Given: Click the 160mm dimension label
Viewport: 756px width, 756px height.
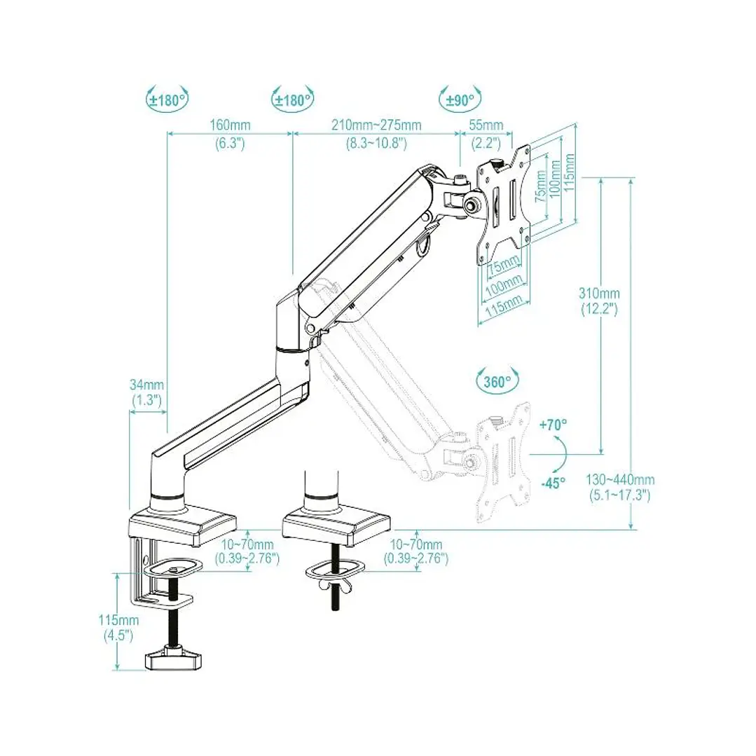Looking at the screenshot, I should (x=231, y=125).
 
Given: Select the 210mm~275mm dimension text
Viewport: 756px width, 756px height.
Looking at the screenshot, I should (x=376, y=125).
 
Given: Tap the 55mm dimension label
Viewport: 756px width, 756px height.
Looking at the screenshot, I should (x=486, y=125).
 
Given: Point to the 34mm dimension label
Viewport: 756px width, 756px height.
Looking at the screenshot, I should (x=146, y=385).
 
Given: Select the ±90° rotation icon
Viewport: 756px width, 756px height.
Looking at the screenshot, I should (x=459, y=99).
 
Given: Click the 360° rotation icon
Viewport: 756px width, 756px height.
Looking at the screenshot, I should (x=498, y=381).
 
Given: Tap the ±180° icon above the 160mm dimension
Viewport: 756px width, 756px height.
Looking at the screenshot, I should (x=167, y=99).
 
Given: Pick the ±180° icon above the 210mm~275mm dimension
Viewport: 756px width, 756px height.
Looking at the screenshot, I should (x=292, y=99).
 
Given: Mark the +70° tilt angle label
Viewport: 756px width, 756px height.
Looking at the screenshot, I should (x=554, y=424).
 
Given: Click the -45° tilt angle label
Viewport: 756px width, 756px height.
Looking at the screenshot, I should (x=553, y=483).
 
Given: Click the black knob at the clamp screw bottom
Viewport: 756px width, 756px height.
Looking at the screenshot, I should (x=172, y=658).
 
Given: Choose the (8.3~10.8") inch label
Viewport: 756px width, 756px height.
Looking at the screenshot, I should (x=376, y=143).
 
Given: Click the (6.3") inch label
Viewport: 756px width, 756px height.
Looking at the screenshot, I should (x=231, y=143).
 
